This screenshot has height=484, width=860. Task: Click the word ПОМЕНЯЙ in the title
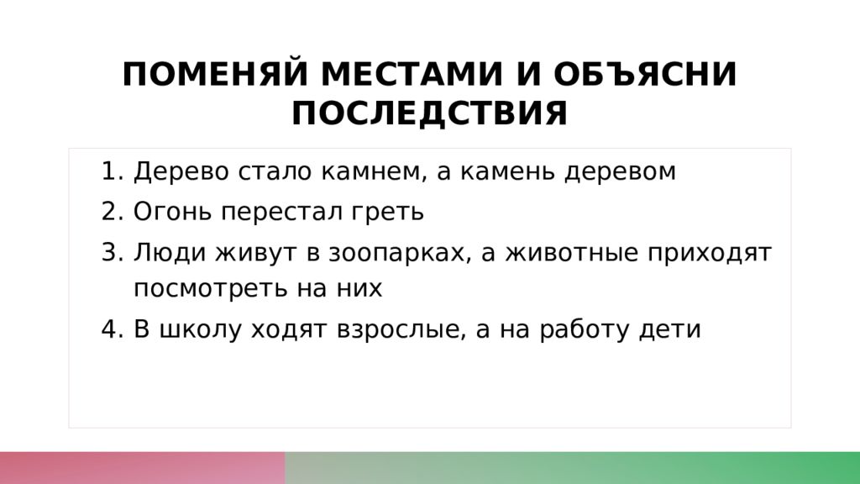215,74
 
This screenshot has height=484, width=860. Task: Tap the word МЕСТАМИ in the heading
412,74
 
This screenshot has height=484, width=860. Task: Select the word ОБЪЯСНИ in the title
645,74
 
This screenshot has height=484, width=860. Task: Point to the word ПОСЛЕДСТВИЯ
429,113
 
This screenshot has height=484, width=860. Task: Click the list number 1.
113,171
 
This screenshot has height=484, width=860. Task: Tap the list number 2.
113,211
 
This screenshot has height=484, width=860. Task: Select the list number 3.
113,252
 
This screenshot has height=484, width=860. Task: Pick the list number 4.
113,329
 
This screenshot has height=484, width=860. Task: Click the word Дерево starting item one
181,171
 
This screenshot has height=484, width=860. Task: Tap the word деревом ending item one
621,172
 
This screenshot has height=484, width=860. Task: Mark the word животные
571,254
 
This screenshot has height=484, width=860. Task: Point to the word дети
670,330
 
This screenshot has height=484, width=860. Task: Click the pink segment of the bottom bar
143,468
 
